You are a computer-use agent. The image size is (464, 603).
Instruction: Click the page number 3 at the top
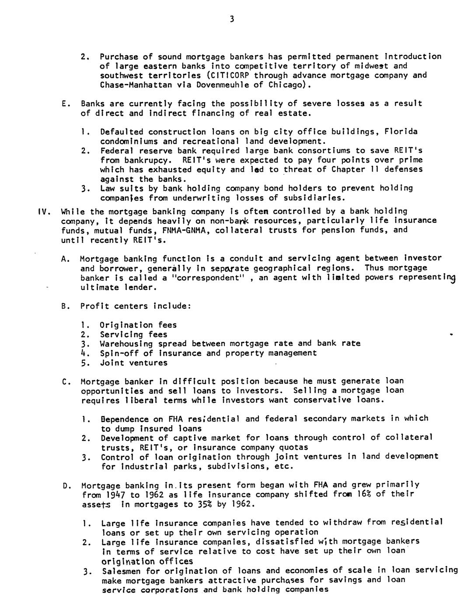pyautogui.click(x=231, y=19)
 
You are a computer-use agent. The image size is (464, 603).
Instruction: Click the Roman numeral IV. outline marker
pyautogui.click(x=43, y=211)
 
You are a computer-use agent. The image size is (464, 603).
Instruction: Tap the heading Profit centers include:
pyautogui.click(x=136, y=306)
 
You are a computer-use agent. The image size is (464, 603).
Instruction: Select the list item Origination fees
pyautogui.click(x=138, y=325)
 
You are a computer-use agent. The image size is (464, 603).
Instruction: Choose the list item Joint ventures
pyautogui.click(x=133, y=363)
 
